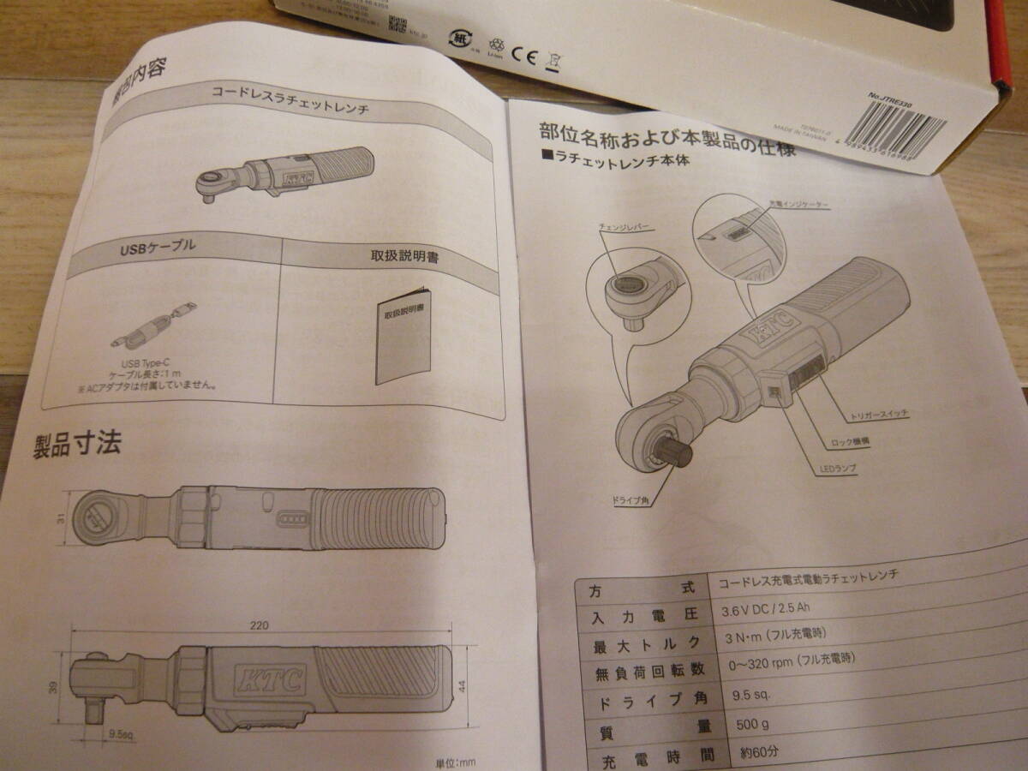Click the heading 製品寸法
[77, 445]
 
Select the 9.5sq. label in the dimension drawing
[120, 735]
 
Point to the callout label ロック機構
[851, 443]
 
